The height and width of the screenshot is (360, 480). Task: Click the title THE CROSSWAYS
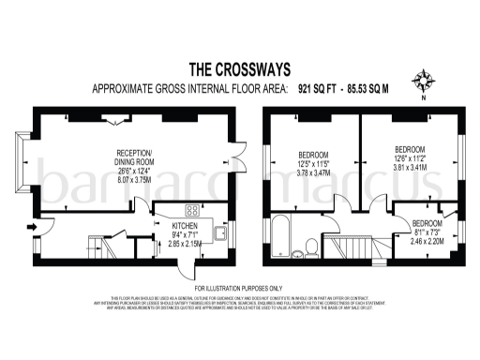point(240,68)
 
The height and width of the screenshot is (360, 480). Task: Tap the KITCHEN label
point(186,225)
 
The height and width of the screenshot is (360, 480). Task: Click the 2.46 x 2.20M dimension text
point(427,241)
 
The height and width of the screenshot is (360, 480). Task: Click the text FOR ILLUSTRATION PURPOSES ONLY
point(238,287)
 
